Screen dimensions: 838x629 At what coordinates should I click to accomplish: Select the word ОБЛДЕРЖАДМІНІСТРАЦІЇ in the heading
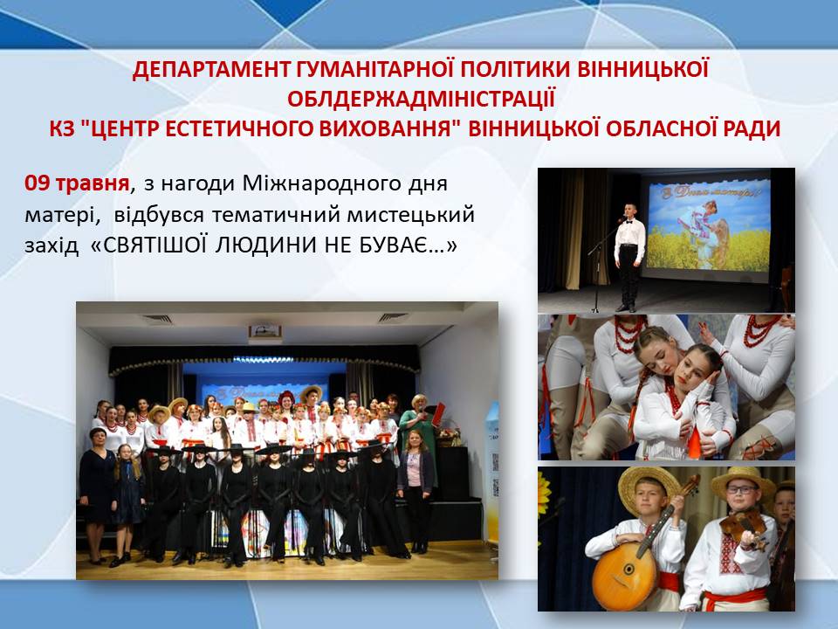click(x=421, y=100)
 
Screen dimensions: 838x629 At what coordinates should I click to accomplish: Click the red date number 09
click(x=37, y=183)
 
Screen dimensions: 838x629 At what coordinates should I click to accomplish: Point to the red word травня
click(x=92, y=184)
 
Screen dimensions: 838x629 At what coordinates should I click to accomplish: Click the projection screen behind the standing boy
click(x=709, y=225)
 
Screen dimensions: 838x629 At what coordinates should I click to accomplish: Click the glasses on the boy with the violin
click(x=741, y=489)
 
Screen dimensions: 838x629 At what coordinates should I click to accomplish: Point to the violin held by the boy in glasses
click(x=744, y=529)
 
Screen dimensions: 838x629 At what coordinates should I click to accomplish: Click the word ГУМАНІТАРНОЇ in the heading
click(x=372, y=70)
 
